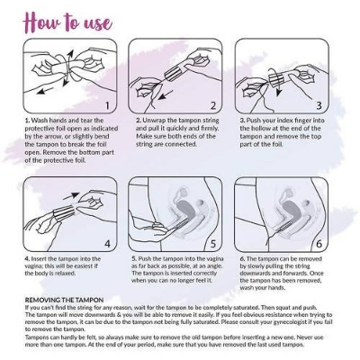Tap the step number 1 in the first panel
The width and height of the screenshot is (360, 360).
(106, 104)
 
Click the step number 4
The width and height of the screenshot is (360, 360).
(106, 242)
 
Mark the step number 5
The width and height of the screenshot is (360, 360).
(212, 242)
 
